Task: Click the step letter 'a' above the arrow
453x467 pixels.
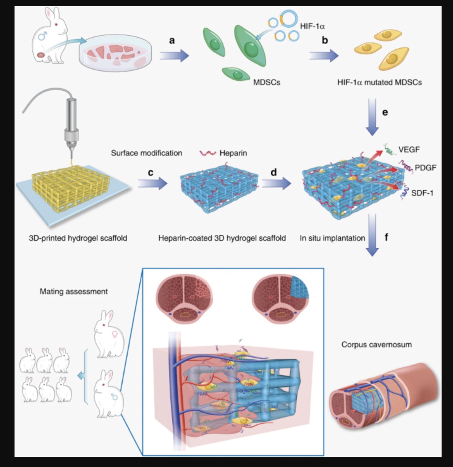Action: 172,40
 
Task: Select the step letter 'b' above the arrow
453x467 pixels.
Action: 325,40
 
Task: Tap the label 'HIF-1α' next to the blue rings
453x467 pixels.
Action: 312,26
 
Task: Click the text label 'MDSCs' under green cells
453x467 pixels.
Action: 267,82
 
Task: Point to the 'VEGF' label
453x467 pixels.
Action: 409,150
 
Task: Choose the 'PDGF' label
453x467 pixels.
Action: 425,168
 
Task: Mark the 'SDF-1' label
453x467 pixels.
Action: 422,193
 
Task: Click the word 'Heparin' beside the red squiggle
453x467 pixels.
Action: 233,153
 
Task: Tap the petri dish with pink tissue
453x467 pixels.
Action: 115,52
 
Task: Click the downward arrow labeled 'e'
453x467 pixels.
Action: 372,117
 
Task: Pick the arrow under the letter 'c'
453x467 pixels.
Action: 152,184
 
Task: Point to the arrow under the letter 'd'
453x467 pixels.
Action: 276,184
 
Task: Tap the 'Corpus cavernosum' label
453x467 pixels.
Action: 376,345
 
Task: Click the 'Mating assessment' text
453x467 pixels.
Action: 74,291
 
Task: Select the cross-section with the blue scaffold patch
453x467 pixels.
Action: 280,299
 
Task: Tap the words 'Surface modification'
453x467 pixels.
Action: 146,153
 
